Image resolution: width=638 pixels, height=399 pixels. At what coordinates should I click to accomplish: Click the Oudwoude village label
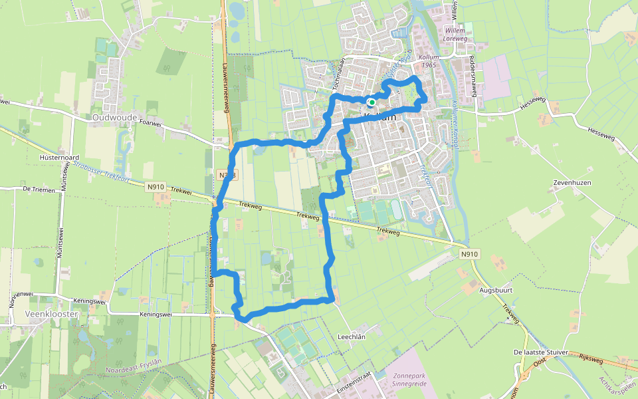(115, 118)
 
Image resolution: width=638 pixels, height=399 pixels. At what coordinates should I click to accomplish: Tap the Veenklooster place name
(51, 313)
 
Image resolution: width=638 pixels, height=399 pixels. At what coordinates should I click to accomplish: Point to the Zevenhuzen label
(572, 182)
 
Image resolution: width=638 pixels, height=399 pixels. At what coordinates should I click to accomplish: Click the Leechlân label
(352, 336)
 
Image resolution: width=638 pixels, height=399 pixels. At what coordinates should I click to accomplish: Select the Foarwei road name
(151, 123)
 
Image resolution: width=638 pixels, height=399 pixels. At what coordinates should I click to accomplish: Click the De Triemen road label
(37, 189)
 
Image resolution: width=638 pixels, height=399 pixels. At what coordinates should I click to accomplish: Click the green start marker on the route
(372, 102)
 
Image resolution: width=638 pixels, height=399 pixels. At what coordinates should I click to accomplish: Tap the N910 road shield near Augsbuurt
(469, 254)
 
